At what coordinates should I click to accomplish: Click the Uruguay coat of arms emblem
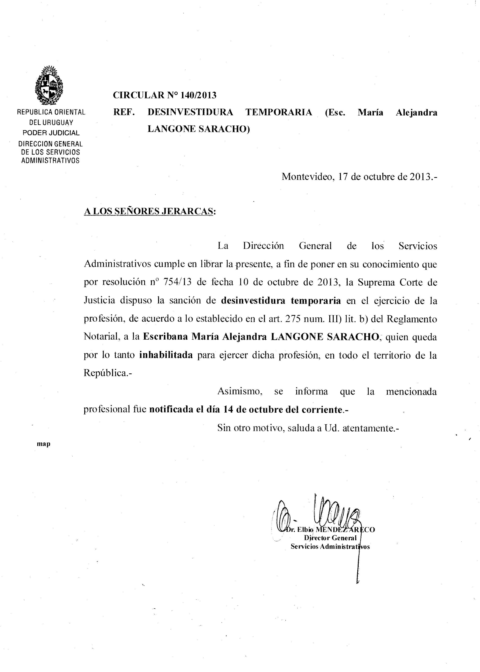(49, 85)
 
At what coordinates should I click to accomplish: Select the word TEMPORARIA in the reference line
(279, 112)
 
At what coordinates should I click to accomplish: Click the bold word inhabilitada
(166, 355)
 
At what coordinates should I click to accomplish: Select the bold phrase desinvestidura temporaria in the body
(281, 301)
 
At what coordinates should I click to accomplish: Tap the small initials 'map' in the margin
(43, 444)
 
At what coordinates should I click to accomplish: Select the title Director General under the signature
(330, 538)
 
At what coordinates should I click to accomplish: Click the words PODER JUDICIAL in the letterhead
(51, 133)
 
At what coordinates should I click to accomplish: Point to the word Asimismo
(240, 391)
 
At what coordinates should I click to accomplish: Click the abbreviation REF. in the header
(124, 112)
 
